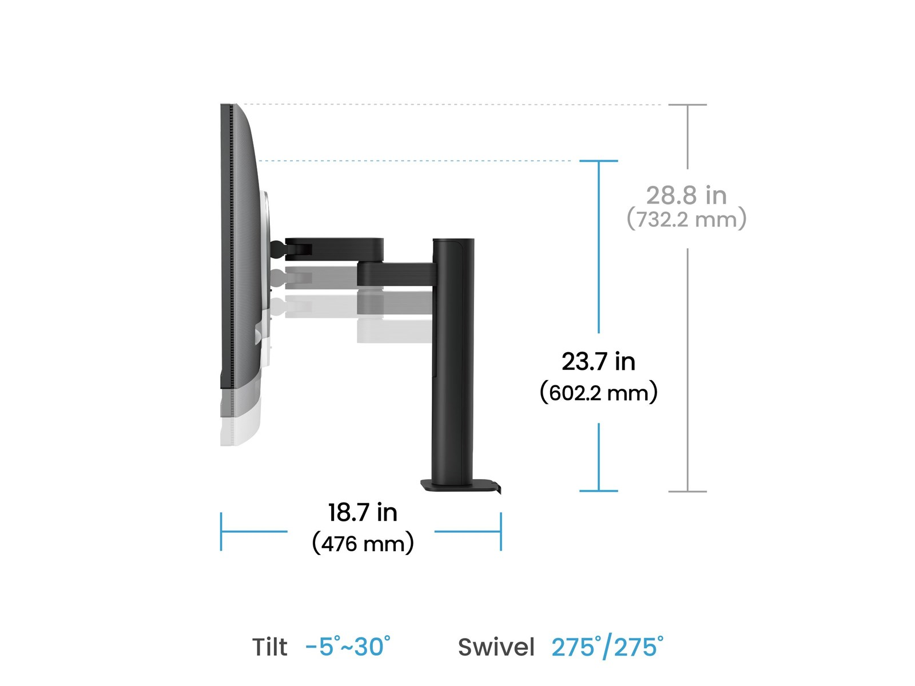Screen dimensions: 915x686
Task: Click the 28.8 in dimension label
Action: click(x=686, y=196)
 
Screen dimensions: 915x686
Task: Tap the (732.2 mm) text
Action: click(x=686, y=219)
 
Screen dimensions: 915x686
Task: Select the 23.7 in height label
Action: click(x=598, y=361)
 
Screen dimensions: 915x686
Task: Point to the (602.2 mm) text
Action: click(x=598, y=392)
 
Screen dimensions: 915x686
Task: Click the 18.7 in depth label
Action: click(x=362, y=512)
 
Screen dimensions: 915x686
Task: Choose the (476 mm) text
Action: click(x=363, y=544)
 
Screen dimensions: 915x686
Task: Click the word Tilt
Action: click(x=270, y=647)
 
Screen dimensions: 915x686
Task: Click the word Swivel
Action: click(x=496, y=647)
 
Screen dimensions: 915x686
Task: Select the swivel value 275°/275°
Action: click(x=607, y=647)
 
